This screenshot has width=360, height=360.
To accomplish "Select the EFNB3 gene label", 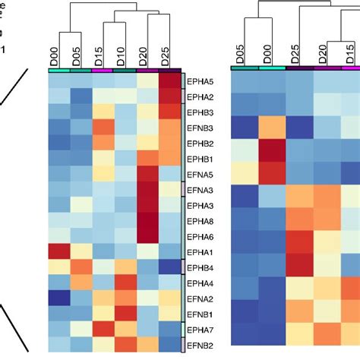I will coord(200,128).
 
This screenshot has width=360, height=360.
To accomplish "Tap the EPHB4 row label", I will coord(200,267).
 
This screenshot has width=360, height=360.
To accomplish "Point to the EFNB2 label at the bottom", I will coord(200,345).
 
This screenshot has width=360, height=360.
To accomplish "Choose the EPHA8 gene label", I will coord(200,220).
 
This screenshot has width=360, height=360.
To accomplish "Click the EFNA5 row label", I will coord(200,174).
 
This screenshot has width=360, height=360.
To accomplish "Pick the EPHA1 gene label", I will coord(200,251).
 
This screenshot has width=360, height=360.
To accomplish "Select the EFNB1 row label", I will coord(200,314).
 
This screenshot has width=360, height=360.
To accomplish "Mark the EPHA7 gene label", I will coord(200,330).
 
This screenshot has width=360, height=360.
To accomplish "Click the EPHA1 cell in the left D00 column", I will coord(60,251).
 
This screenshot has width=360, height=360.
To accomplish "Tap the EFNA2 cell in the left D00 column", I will coord(60,298).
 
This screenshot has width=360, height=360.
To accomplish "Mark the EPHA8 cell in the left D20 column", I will coord(147,220).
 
